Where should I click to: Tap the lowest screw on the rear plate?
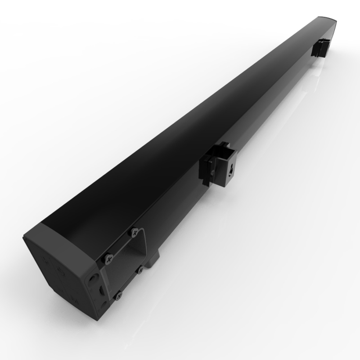click(x=119, y=295)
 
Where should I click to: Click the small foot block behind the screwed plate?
click(x=154, y=258)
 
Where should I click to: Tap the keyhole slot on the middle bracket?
click(x=231, y=170)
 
